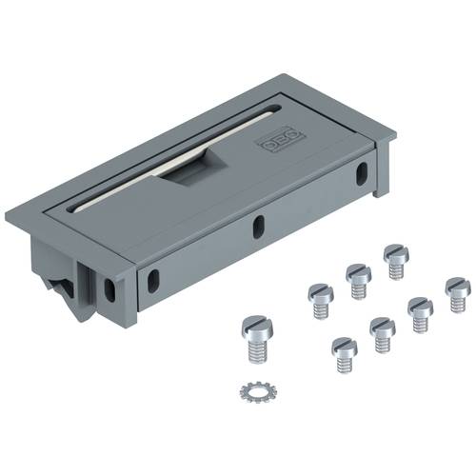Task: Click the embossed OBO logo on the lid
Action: click(x=282, y=140)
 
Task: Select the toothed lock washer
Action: click(x=257, y=392)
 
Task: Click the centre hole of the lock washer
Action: click(x=257, y=392)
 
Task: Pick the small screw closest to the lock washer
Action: click(x=345, y=355)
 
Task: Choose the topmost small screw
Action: click(x=396, y=262)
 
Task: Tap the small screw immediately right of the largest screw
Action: click(x=321, y=301)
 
